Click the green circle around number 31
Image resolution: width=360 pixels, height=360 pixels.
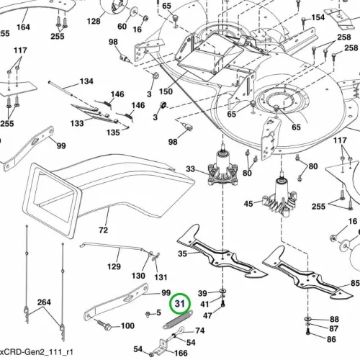pyautogui.click(x=180, y=293)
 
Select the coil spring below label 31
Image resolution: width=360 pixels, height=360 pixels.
pyautogui.click(x=178, y=320)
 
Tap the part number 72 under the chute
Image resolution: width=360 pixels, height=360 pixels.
pyautogui.click(x=103, y=230)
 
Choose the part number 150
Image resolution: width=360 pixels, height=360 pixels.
pyautogui.click(x=166, y=91)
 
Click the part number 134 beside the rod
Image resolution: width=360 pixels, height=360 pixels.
pyautogui.click(x=86, y=81)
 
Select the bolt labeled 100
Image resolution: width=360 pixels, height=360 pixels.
pyautogui.click(x=104, y=324)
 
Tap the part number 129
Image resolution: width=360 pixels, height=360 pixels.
pyautogui.click(x=114, y=266)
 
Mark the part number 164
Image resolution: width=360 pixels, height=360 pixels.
pyautogui.click(x=23, y=27)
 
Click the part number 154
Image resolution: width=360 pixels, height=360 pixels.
pyautogui.click(x=318, y=17)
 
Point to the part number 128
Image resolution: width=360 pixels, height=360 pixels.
pyautogui.click(x=94, y=21)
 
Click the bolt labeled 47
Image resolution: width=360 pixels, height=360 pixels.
pyautogui.click(x=223, y=304)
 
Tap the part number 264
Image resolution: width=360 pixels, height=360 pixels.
pyautogui.click(x=44, y=302)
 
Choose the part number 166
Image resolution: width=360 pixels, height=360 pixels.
pyautogui.click(x=181, y=353)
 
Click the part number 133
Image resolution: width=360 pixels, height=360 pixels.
pyautogui.click(x=77, y=123)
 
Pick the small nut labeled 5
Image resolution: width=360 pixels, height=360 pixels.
pyautogui.click(x=148, y=314)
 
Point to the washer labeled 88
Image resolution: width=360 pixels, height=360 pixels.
pyautogui.click(x=308, y=319)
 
